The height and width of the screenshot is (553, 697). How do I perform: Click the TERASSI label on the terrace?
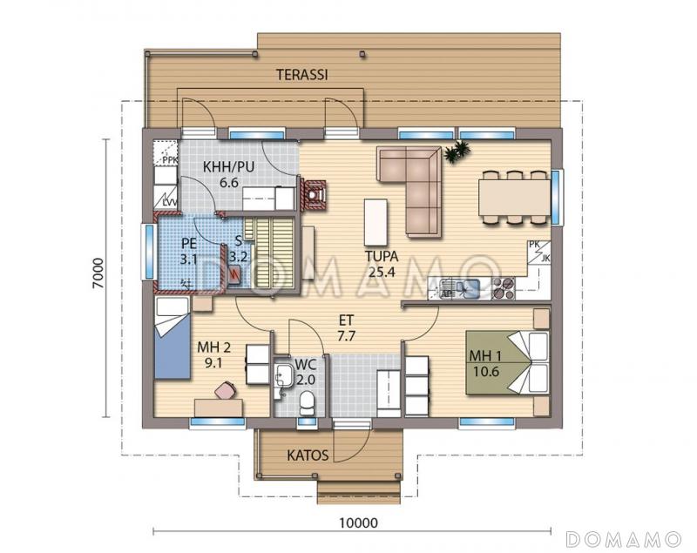(x=302, y=75)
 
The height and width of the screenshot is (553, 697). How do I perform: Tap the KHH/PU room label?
(x=228, y=167)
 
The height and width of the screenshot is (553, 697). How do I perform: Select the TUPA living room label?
(x=382, y=256)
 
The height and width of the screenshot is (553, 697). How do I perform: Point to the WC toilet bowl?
(x=307, y=402)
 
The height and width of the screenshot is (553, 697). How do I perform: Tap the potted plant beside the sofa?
(x=457, y=152)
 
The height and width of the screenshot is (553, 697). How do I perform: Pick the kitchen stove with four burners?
(x=504, y=288)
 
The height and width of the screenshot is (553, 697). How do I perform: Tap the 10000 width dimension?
(x=358, y=523)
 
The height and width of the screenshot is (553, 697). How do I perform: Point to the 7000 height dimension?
(x=98, y=273)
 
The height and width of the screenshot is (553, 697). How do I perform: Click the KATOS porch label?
(x=308, y=455)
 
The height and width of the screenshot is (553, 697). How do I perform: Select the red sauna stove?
(x=234, y=274)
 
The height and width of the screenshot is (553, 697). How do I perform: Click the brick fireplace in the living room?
(x=314, y=194)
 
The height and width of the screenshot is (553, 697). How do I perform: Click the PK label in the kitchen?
(x=534, y=245)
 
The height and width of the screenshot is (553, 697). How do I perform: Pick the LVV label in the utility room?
(x=169, y=204)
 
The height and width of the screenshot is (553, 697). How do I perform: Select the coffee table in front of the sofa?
(x=376, y=222)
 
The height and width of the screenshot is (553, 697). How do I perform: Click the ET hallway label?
(x=346, y=320)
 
